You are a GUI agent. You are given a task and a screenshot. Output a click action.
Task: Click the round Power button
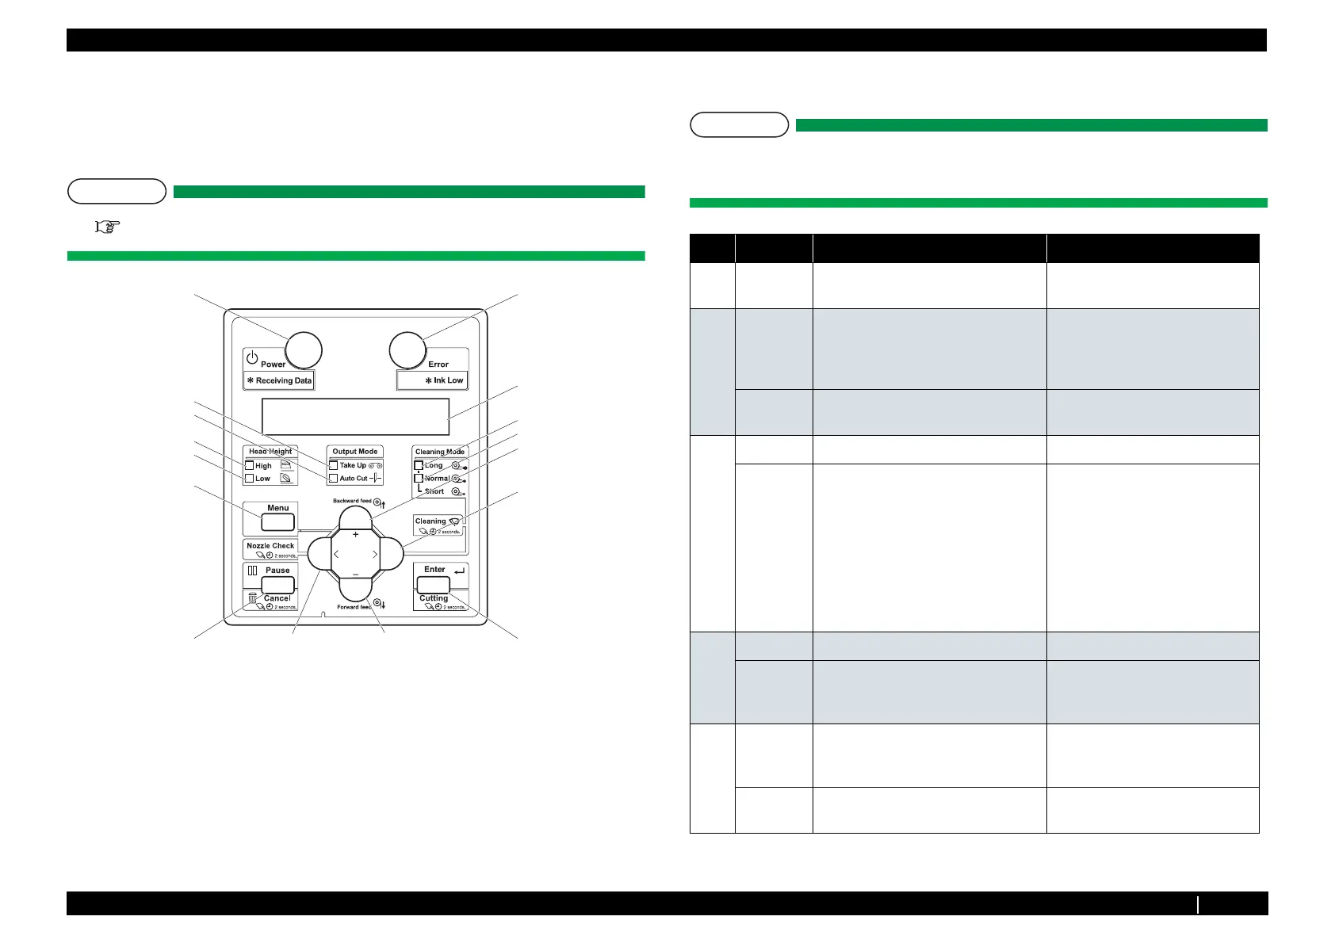[303, 350]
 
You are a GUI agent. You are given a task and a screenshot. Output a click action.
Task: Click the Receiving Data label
[279, 381]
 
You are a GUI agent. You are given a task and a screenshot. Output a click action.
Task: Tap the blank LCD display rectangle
[355, 416]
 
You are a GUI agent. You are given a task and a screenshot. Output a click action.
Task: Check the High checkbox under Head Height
[249, 466]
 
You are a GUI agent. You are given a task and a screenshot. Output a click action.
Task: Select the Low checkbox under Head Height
[249, 479]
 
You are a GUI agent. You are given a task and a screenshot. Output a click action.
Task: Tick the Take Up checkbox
[333, 466]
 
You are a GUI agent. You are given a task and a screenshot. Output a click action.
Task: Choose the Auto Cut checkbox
[333, 479]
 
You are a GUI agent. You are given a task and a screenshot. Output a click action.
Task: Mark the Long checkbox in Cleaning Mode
[419, 465]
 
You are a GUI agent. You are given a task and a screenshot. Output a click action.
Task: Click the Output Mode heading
[355, 452]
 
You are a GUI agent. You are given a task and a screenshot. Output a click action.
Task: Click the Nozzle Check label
[270, 546]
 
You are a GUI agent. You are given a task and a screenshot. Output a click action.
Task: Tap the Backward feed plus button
[355, 519]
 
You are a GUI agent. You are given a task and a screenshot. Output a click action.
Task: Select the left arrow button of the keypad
[320, 554]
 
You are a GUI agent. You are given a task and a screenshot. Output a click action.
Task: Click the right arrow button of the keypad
[391, 554]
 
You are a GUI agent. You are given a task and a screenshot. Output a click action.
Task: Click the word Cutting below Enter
[434, 599]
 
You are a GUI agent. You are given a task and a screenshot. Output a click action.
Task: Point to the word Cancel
[277, 599]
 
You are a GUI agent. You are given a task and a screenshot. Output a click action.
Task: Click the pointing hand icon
[107, 227]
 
